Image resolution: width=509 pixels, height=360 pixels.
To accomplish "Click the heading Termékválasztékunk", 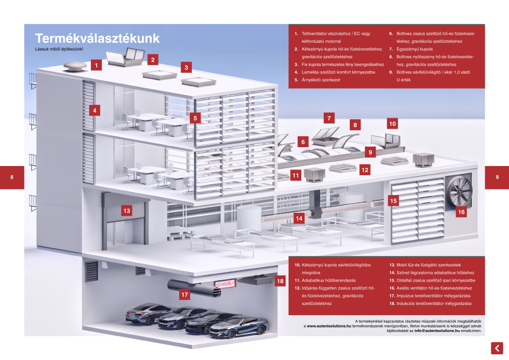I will coord(97,39).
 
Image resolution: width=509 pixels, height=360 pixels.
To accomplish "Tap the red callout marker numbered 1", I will coord(97,65).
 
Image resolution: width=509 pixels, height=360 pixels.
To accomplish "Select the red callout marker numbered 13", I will coord(127,210).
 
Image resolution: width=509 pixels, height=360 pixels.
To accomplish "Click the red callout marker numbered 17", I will coord(185,294).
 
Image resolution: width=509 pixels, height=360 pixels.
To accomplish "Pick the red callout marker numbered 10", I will coord(392,123).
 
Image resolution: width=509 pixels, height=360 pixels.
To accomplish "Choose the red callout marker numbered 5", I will coord(195,118).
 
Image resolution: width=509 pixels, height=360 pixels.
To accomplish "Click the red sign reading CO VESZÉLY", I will coord(225,284).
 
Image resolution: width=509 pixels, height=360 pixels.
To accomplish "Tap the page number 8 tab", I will coord(12,177).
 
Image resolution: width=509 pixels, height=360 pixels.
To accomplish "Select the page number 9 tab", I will coord(497,177).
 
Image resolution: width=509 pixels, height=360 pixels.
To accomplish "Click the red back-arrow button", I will coord(497,348).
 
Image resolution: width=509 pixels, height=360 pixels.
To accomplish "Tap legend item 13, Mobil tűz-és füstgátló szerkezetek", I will coord(425,265).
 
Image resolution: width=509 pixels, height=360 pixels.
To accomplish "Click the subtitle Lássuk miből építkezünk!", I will coord(59,49).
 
